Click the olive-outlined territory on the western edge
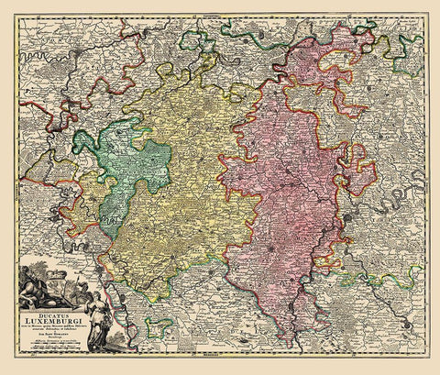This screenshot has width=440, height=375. pos(37,170)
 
